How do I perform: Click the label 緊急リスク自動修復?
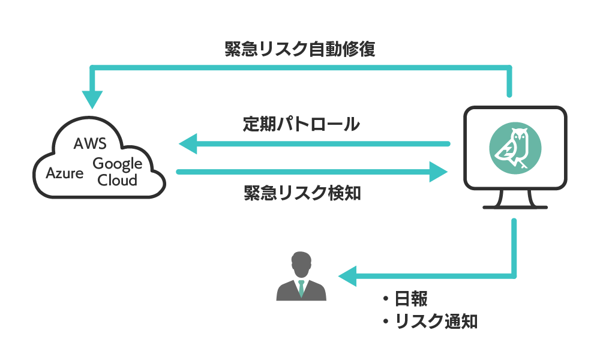pyautogui.click(x=300, y=49)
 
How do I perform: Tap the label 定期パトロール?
pyautogui.click(x=301, y=124)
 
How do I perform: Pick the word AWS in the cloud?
pyautogui.click(x=89, y=145)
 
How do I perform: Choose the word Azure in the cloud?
pyautogui.click(x=65, y=173)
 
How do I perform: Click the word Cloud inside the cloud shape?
pyautogui.click(x=117, y=179)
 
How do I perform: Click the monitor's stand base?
pyautogui.click(x=515, y=206)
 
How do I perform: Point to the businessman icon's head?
pyautogui.click(x=301, y=263)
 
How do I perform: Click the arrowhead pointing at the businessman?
pyautogui.click(x=347, y=276)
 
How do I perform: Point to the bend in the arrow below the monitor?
pyautogui.click(x=514, y=275)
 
